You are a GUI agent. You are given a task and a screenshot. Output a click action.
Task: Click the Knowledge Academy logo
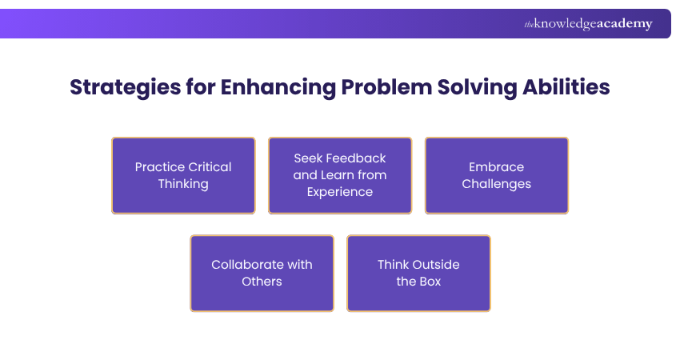(588, 24)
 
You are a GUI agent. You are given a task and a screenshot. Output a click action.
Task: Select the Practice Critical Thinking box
(183, 175)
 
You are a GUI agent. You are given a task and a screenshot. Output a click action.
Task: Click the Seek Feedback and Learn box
(340, 175)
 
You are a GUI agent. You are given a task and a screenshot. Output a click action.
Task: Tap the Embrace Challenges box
(497, 175)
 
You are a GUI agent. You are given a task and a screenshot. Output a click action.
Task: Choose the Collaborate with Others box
(262, 273)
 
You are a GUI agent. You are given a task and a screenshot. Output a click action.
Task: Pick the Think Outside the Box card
(418, 273)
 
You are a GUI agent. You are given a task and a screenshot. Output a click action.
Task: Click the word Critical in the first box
(209, 167)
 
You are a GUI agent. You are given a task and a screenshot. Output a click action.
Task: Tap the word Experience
(340, 192)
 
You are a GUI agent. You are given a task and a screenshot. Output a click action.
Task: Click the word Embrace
(497, 167)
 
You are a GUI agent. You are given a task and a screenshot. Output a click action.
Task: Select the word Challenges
(497, 184)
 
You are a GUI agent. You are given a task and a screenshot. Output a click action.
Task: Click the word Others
(262, 282)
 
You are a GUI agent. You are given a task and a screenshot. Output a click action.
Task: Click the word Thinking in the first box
(183, 184)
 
